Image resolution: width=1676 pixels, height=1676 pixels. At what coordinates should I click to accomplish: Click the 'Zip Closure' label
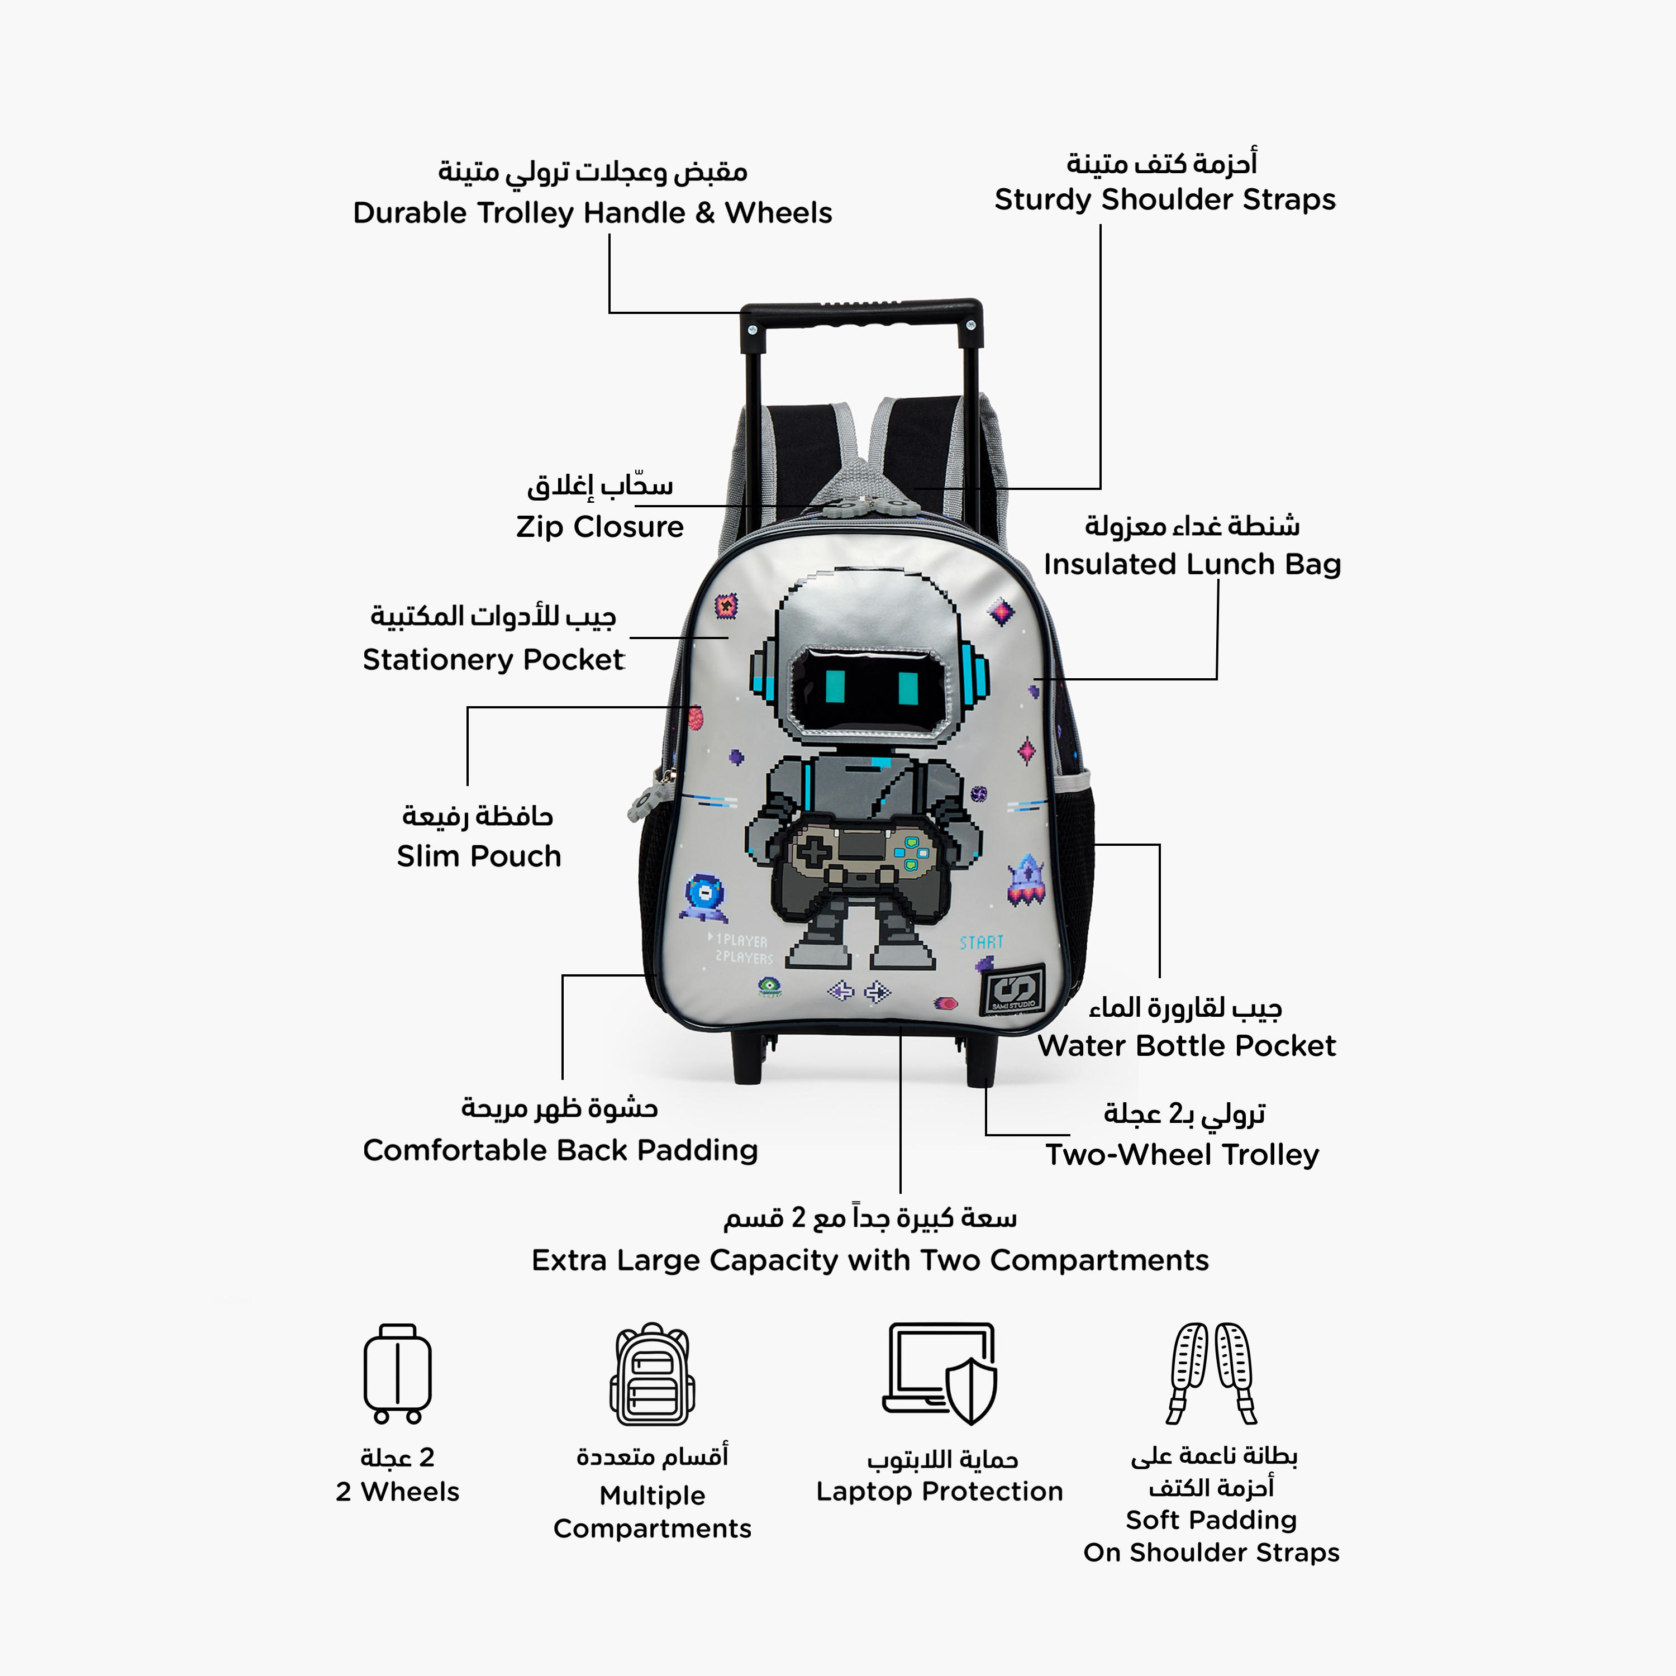(x=599, y=527)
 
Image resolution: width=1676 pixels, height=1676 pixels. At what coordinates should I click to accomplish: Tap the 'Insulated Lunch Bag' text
(x=1192, y=564)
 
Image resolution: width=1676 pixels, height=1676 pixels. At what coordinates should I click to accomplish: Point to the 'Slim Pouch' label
(x=479, y=856)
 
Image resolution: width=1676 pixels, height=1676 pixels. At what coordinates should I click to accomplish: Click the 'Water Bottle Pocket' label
(x=1187, y=1045)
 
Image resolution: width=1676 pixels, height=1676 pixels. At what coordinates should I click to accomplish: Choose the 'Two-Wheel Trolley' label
(x=1182, y=1155)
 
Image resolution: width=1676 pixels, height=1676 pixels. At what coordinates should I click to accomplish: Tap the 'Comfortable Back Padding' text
(x=560, y=1150)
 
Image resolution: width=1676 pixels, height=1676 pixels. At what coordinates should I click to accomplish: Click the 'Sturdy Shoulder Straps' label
(x=1165, y=199)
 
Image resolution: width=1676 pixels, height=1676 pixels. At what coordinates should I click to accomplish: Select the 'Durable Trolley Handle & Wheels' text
(x=593, y=212)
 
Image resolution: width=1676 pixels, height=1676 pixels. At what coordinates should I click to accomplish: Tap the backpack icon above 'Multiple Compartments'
(x=653, y=1374)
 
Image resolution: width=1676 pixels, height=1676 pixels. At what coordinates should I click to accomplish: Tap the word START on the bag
(x=981, y=942)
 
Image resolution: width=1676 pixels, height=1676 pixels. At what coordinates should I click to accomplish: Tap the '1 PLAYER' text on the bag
(x=739, y=940)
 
